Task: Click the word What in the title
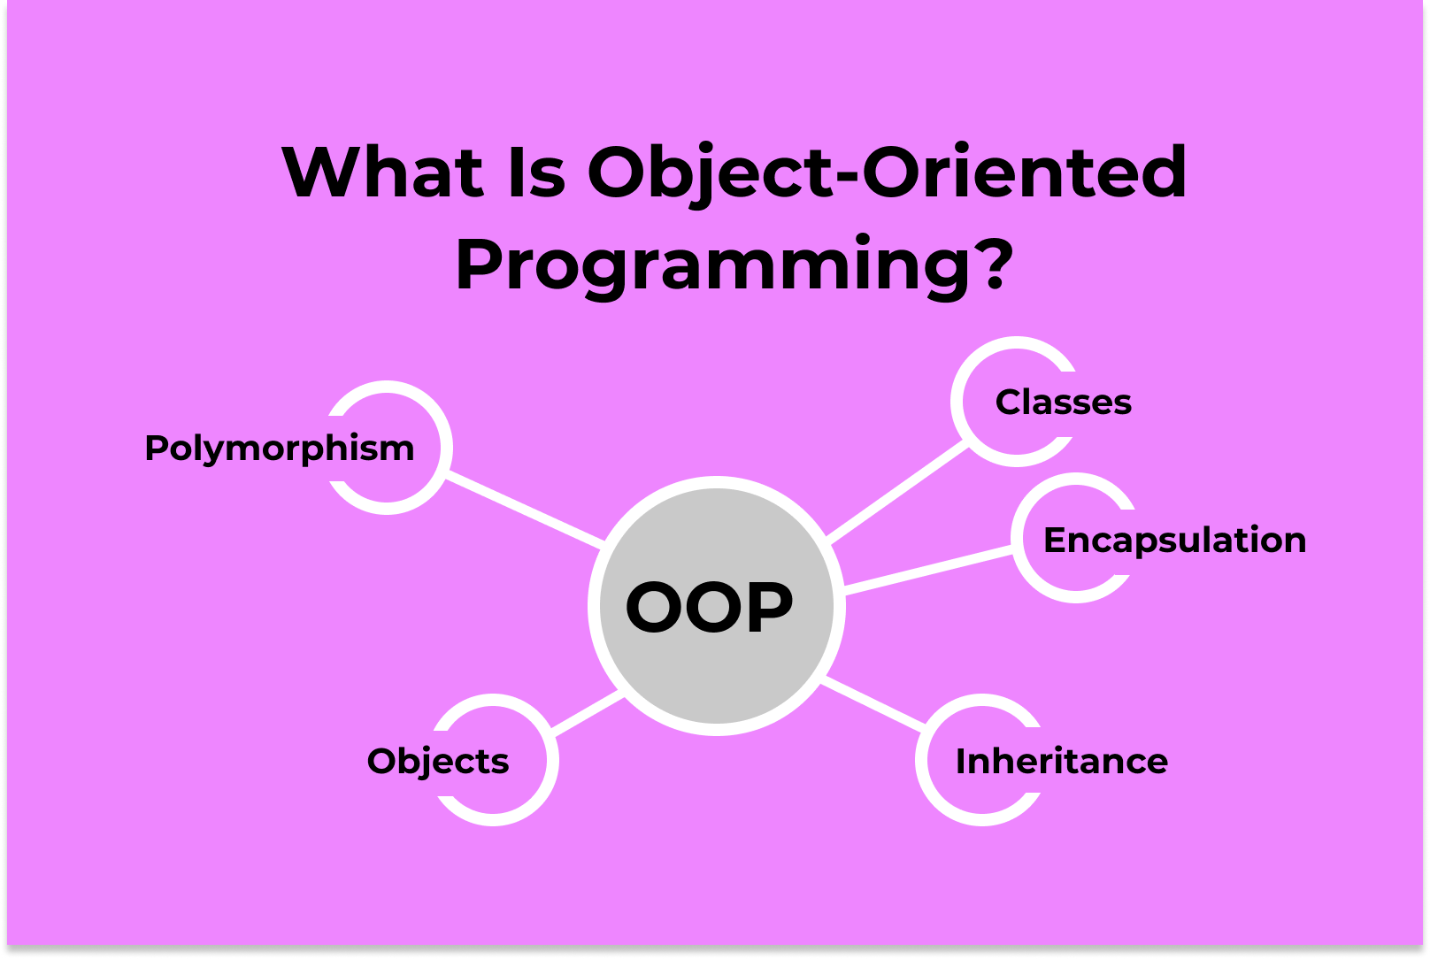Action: tap(382, 173)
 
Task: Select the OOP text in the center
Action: tap(710, 608)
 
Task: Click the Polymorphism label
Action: tap(280, 449)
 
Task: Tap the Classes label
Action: tap(1063, 403)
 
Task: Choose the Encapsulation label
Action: tap(1174, 541)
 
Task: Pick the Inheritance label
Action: tap(1061, 762)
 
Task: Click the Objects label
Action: tap(438, 762)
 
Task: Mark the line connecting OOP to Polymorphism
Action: tap(524, 509)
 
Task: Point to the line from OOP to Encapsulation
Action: tap(929, 567)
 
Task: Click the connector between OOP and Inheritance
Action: tap(873, 704)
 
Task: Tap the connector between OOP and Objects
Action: tap(588, 712)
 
